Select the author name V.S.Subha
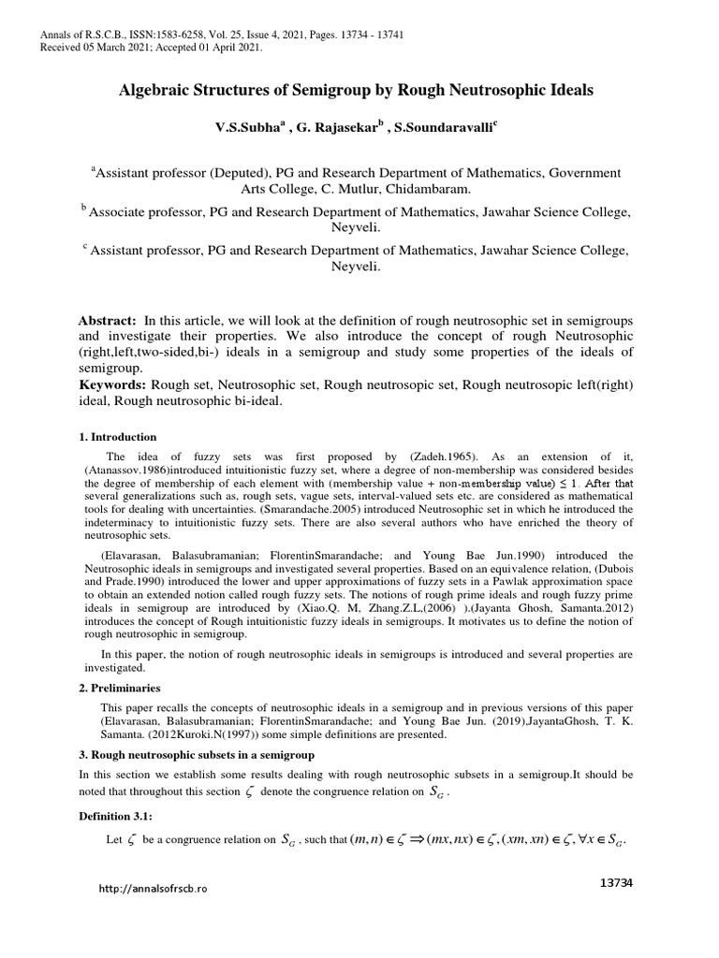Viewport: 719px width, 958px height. [245, 125]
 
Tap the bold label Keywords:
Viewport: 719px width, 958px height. [111, 385]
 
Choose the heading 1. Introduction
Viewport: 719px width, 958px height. [117, 437]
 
